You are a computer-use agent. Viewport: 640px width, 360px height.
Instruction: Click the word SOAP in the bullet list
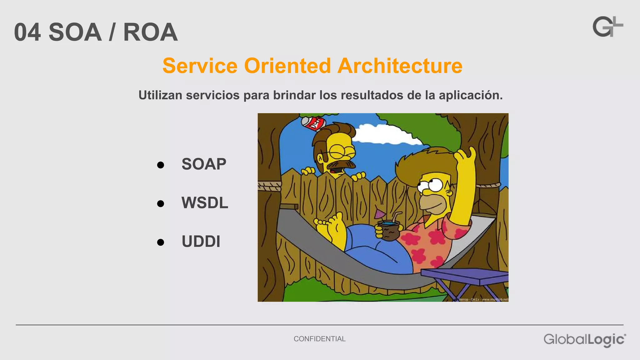point(204,164)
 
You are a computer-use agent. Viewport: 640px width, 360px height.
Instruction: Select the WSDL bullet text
point(205,203)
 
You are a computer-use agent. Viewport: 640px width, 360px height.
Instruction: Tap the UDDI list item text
point(201,242)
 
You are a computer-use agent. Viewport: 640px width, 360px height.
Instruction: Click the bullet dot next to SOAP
point(161,165)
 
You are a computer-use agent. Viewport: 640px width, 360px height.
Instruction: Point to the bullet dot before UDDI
point(161,242)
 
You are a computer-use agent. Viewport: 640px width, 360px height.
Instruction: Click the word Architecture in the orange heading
point(400,66)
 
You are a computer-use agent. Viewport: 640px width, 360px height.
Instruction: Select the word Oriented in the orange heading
point(287,66)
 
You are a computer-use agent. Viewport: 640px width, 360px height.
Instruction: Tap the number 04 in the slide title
point(27,32)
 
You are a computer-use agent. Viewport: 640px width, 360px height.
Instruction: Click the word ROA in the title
point(150,32)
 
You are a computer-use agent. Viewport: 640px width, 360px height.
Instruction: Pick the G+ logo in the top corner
point(607,27)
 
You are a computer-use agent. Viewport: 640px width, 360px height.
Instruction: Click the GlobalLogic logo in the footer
point(584,340)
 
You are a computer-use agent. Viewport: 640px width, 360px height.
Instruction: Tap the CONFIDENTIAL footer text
point(319,339)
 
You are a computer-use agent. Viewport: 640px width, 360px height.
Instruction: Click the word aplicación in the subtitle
point(471,95)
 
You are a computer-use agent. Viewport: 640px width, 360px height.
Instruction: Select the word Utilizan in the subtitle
point(160,95)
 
